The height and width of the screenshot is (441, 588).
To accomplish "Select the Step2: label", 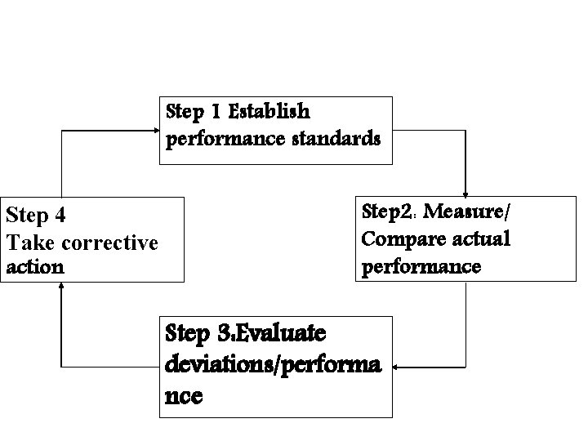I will pos(389,213).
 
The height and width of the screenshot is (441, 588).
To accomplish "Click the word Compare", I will pos(393,240).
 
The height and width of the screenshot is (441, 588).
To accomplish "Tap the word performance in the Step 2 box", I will pos(420,267).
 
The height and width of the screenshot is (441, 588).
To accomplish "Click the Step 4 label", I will pos(36,216).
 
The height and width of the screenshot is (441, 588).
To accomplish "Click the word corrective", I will pos(108,243).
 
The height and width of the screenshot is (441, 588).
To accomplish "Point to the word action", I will pos(34,268).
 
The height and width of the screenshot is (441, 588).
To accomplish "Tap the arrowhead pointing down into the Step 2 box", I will pos(465,193).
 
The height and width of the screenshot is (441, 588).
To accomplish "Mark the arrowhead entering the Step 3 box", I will pos(398,367).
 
